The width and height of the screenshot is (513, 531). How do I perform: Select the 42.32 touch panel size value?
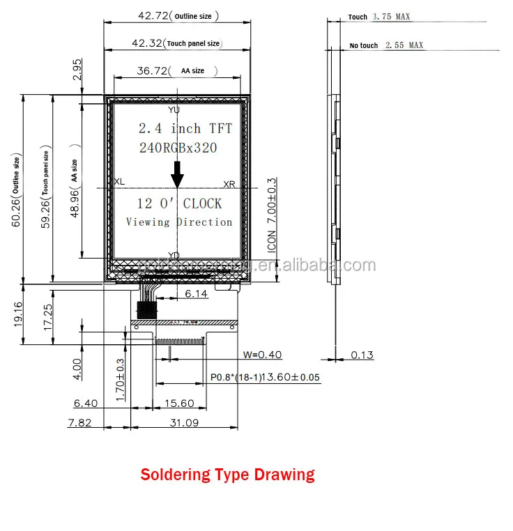pos(146,43)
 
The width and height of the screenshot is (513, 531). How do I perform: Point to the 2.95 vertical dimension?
pos(77,70)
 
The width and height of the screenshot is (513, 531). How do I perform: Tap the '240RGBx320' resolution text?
pos(178,148)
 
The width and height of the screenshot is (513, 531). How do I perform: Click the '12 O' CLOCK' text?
pos(179,203)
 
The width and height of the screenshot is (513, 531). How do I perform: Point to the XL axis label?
pos(119,182)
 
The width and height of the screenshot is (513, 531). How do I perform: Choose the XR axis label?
pos(229,185)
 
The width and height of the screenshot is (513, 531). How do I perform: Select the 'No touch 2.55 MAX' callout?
pos(386,45)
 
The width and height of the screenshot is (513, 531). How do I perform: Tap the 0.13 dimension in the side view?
pos(362,355)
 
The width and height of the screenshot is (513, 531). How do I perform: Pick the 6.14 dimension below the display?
pos(196,295)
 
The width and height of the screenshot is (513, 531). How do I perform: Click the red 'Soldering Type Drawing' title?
pos(227,475)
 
